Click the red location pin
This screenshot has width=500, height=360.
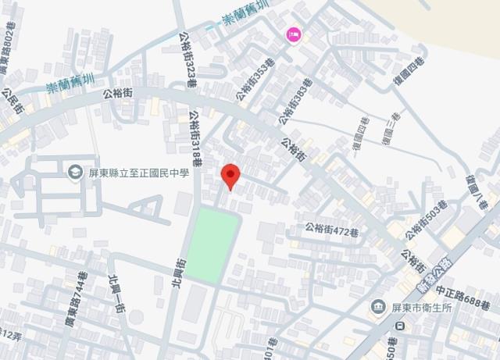click(x=229, y=176)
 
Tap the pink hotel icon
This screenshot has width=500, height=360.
click(x=295, y=34)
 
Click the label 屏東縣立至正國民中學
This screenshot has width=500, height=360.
click(x=139, y=172)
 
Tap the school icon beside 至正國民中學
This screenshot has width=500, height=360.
click(x=76, y=172)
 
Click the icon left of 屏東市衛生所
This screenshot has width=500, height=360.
click(x=378, y=305)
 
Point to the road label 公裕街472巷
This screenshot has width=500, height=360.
click(x=331, y=230)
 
